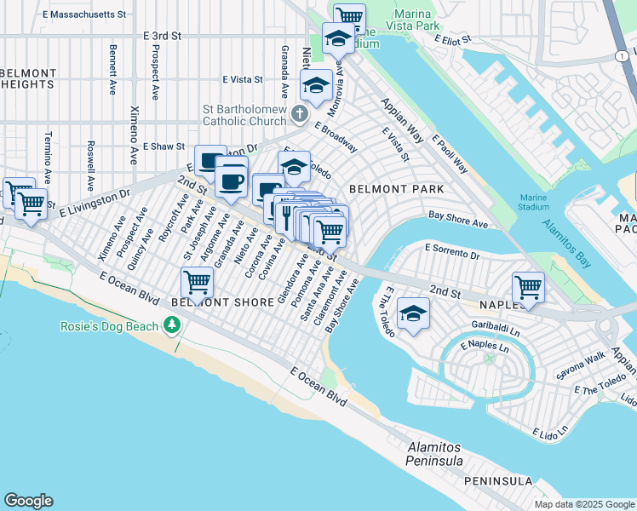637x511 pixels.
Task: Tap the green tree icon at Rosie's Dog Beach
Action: pos(173,325)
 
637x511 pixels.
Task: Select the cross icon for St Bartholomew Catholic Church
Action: pos(299,113)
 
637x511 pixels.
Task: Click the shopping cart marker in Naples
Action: pos(528,287)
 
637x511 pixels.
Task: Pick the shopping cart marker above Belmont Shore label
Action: pos(197,281)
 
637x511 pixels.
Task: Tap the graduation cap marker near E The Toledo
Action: pos(413,314)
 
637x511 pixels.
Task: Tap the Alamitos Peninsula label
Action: pos(434,454)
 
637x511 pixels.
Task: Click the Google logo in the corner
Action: pos(28,501)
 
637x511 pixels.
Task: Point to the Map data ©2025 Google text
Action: pos(584,504)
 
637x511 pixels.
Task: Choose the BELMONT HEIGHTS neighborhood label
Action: pos(28,79)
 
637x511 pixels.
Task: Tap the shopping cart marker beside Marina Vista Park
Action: pos(349,16)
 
